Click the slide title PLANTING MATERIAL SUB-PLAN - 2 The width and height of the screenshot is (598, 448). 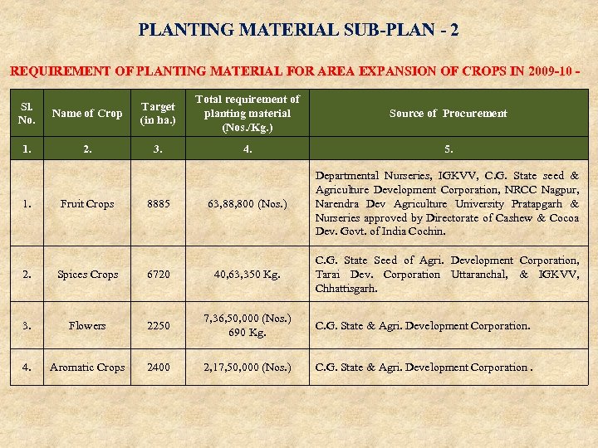pos(299,30)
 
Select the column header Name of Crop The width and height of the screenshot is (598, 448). pos(87,114)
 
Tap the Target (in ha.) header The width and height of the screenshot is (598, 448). pos(158,114)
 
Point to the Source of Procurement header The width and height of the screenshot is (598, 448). pos(448,114)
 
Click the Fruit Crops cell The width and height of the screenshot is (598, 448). pos(87,204)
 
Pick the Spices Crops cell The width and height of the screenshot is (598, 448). pos(87,275)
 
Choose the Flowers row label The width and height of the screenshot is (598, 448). pos(87,326)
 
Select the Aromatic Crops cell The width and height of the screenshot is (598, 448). pos(87,368)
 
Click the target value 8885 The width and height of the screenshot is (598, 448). pos(158,204)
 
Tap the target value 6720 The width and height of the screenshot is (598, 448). pos(158,275)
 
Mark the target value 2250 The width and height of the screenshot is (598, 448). pos(158,326)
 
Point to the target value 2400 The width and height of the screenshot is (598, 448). pos(158,368)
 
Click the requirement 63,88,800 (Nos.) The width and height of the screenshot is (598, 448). pos(248,204)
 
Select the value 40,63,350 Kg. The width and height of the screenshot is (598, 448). pos(248,275)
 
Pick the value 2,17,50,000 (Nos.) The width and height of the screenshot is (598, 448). pos(248,368)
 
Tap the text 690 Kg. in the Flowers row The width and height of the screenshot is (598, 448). pos(248,333)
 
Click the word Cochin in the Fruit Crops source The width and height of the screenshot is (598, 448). pos(426,232)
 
